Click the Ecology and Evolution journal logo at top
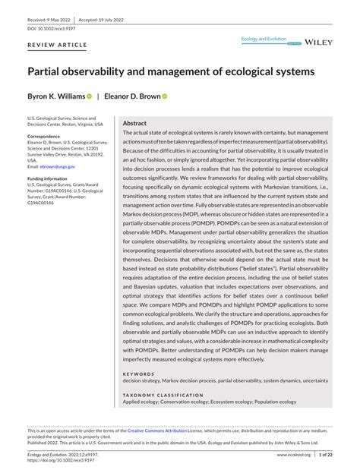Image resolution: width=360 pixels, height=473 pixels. (x=264, y=38)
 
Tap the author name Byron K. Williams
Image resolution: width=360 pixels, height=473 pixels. (x=55, y=97)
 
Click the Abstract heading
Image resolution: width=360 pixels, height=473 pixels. (x=134, y=123)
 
